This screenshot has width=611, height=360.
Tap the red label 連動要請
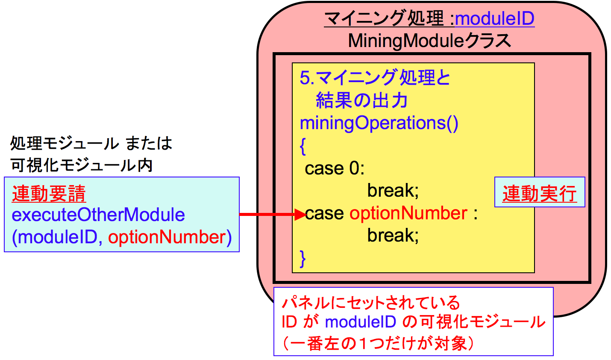click(49, 194)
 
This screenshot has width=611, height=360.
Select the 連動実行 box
click(539, 193)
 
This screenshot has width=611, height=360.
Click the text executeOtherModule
click(98, 215)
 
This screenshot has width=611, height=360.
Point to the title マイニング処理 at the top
click(384, 19)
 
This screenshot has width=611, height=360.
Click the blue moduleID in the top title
click(495, 19)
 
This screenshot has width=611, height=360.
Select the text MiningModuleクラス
click(429, 41)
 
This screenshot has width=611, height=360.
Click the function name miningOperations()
click(379, 123)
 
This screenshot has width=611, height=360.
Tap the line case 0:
click(335, 168)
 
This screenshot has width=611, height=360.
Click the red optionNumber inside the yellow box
click(408, 213)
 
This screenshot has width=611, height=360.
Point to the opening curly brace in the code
click(303, 146)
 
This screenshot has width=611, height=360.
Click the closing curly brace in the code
click(303, 258)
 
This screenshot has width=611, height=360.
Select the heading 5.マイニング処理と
click(375, 78)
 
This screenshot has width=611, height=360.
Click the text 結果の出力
click(361, 101)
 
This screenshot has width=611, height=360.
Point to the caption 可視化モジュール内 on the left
click(82, 165)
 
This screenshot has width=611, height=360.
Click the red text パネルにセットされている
click(371, 303)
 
